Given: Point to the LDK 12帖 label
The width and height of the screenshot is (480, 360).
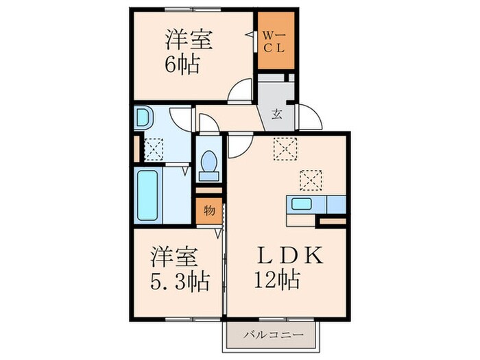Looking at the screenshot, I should pyautogui.click(x=289, y=268).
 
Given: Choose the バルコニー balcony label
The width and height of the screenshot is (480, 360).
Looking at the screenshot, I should pyautogui.click(x=272, y=335).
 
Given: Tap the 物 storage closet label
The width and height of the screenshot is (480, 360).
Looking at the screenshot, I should pyautogui.click(x=208, y=211).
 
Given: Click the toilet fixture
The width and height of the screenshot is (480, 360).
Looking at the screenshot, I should pyautogui.click(x=208, y=163).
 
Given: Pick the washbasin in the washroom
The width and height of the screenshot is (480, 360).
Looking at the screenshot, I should pyautogui.click(x=143, y=119).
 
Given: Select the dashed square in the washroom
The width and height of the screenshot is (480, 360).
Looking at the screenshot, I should pyautogui.click(x=154, y=149).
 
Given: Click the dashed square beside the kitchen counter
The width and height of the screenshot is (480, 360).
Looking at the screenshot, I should pyautogui.click(x=309, y=180).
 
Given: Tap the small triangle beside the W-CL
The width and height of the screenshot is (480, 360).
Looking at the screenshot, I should pyautogui.click(x=250, y=33).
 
